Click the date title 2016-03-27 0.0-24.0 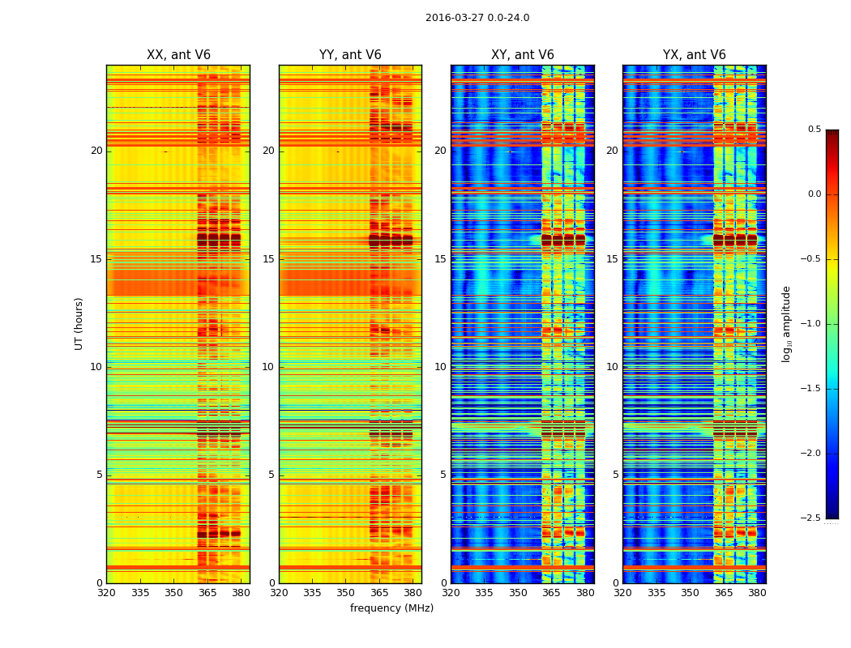coord(477,18)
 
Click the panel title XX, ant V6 coord(178,55)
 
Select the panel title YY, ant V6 coord(350,55)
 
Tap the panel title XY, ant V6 coord(523,55)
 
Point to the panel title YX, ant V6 coord(695,55)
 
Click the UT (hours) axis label coord(79,324)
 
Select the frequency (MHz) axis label coord(391,608)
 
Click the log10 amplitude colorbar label coord(786,324)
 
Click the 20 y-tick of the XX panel coord(96,151)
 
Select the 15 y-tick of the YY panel coord(268,259)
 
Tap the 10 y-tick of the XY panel coord(440,367)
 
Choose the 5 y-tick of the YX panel coord(615,475)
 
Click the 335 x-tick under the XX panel coord(139,593)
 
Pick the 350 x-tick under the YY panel coord(345,593)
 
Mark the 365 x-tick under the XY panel coord(551,593)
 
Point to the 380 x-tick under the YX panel coord(757,593)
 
